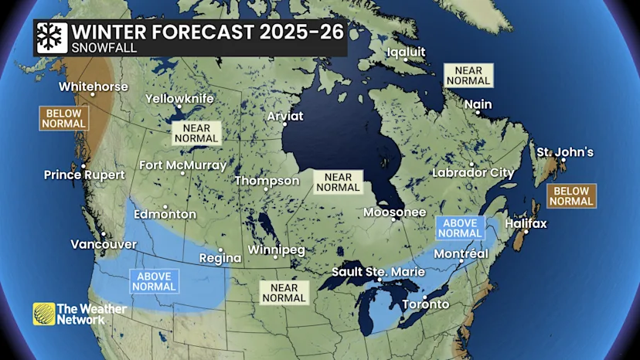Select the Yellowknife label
point(179,99)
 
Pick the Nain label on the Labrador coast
point(478,104)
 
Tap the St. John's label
point(565,152)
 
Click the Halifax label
point(525,224)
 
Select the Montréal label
point(461,254)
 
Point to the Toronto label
point(425,304)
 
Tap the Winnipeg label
point(276,250)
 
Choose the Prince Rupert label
point(83,174)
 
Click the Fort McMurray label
point(182,165)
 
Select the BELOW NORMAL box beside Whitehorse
point(65,118)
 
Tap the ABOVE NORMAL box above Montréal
point(460,228)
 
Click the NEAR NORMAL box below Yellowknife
point(196,133)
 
